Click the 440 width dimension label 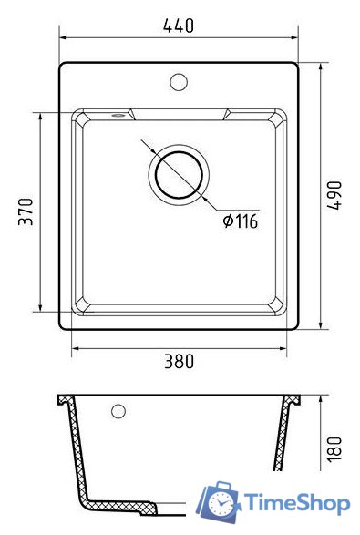pos(179,26)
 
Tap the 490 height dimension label pos(334,196)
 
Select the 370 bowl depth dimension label pos(26,211)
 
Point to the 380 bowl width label pos(180,362)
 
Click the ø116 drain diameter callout pos(241,221)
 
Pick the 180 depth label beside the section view pos(334,449)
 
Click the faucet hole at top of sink pos(179,82)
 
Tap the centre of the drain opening pos(179,175)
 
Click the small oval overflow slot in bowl pos(118,116)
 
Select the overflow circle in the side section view pos(118,411)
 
